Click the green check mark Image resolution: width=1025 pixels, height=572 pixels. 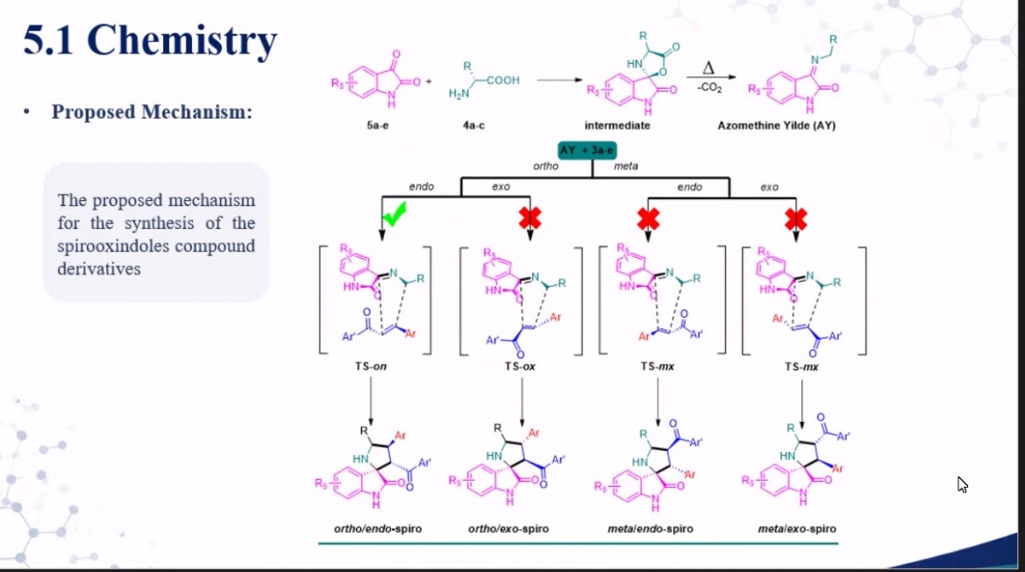pos(395,214)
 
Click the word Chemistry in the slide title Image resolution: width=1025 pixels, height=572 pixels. pos(182,40)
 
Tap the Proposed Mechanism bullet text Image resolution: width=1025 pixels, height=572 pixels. pos(152,111)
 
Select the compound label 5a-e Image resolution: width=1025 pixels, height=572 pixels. pos(378,125)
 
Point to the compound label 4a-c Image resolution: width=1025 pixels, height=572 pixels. pos(474,125)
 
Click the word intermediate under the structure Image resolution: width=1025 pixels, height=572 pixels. pos(617,125)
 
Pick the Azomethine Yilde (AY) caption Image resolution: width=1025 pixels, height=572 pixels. pos(777,125)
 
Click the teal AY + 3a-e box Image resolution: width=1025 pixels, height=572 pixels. pos(587,150)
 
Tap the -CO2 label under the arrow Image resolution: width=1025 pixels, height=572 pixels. pos(710,88)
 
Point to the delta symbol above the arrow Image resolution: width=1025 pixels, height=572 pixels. pos(708,68)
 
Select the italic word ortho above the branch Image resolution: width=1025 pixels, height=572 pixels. pos(546,166)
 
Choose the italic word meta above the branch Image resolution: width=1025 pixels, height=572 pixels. pos(625,166)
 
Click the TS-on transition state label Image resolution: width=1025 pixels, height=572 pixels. pos(371,366)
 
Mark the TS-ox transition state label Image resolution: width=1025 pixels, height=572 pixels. pos(520,366)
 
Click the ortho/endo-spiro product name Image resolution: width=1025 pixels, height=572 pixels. pos(378,528)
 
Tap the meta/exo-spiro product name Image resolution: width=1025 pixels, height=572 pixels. pos(797,528)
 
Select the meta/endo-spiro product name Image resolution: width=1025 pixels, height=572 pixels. pos(651,528)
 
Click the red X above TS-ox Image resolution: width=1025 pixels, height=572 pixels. pos(530,218)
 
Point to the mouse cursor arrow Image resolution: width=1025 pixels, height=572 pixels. pos(962,484)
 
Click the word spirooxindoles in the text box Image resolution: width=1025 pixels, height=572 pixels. pos(114,247)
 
